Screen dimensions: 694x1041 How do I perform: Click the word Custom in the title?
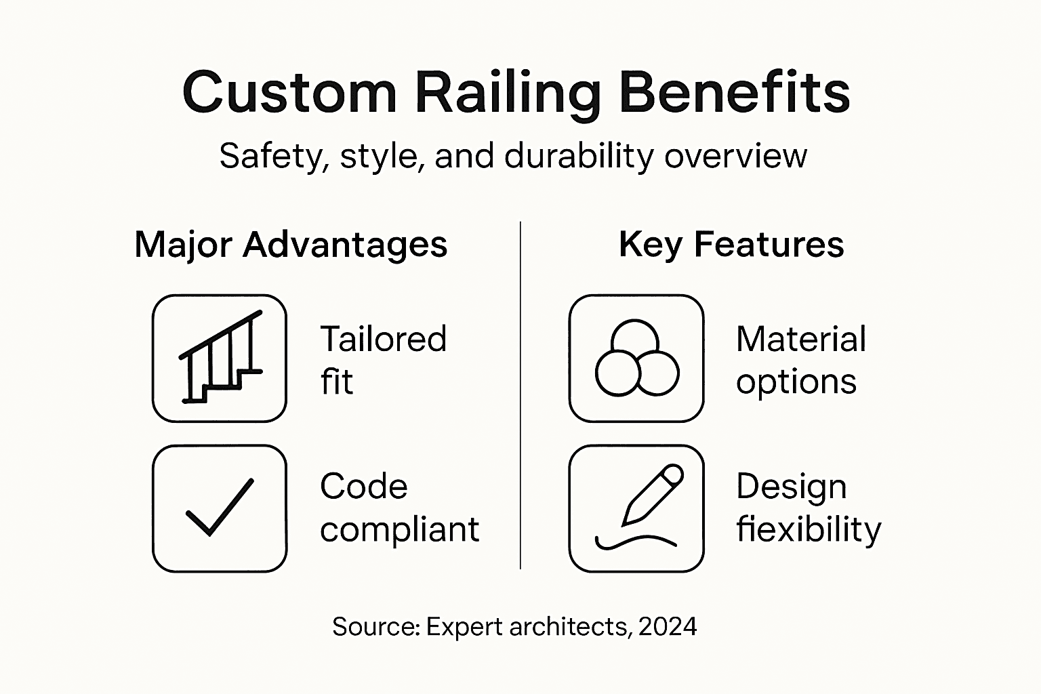289,92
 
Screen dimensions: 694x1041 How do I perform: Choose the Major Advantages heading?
291,244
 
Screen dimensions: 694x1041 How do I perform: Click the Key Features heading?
731,244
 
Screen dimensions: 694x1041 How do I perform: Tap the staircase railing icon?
220,358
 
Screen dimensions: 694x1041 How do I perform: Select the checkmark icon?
220,508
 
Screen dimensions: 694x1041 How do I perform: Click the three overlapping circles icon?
636,358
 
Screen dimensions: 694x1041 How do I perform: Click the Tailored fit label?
383,360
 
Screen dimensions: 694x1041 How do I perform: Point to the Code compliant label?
399,508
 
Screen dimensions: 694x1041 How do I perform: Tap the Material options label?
800,360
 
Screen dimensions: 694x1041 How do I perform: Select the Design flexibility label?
809,508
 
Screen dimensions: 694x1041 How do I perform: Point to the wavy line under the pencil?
635,542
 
